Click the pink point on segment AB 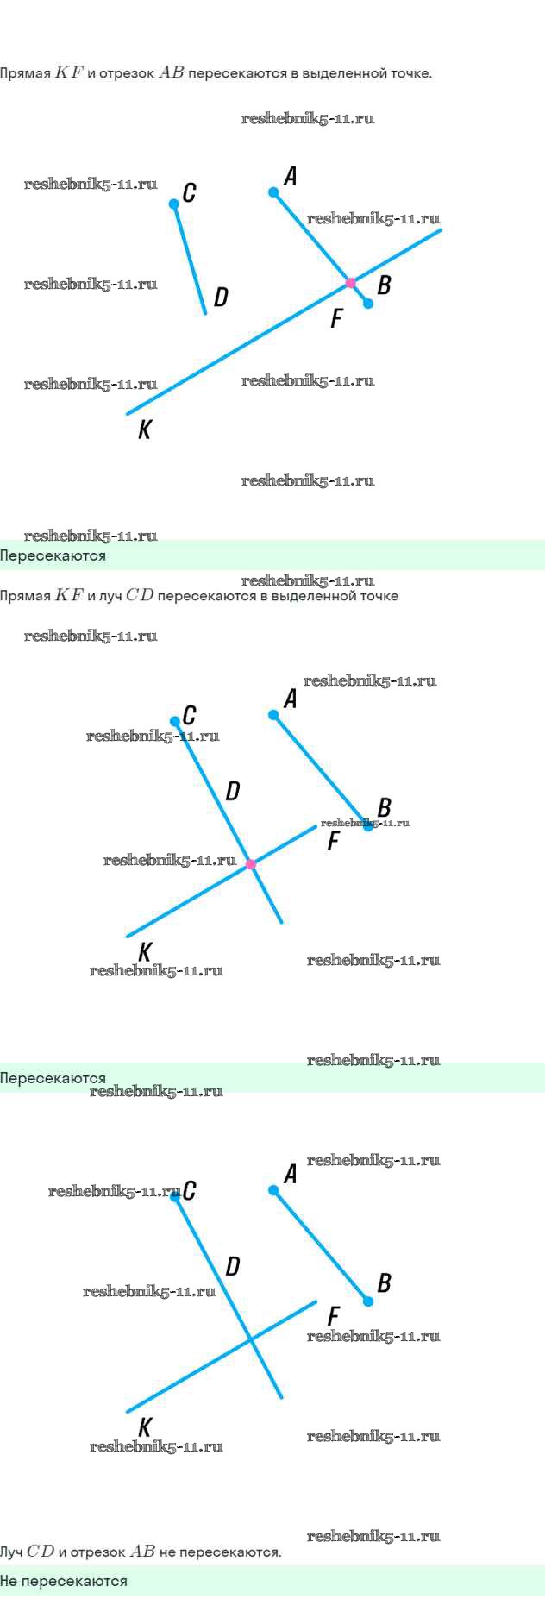coord(350,283)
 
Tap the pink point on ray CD coord(251,864)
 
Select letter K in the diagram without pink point coord(145,1427)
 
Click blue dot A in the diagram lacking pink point coord(273,1190)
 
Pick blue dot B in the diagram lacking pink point coord(368,1301)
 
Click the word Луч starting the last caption coord(11,1552)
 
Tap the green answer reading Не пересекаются coord(64,1581)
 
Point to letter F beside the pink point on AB coord(336,319)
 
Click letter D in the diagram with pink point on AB coord(221,298)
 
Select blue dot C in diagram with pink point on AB coord(174,204)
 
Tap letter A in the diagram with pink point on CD coord(291,699)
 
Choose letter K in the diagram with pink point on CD coord(145,951)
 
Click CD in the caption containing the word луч coord(140,595)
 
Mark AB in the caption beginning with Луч coord(142,1552)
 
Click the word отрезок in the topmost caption coord(127,73)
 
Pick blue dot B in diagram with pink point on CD coord(368,825)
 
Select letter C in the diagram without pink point coord(190,1190)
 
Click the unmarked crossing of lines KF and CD coord(251,1339)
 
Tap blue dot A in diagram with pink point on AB coord(273,192)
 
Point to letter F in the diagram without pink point coord(334,1316)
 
